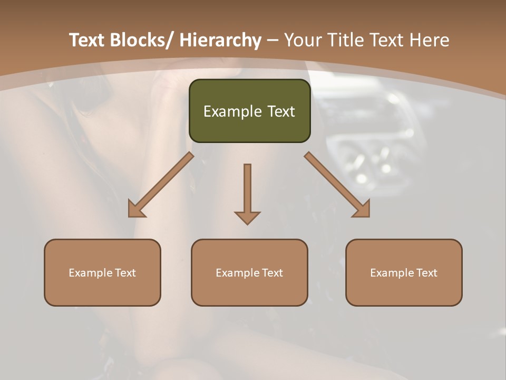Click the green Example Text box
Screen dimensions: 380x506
coord(249,111)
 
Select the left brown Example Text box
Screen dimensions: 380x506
coord(102,272)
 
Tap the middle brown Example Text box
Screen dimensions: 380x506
coord(249,272)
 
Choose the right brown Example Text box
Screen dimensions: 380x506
coord(404,272)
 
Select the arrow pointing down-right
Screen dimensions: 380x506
coord(337,185)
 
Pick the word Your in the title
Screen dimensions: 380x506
coord(304,40)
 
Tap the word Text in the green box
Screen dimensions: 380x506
coord(279,111)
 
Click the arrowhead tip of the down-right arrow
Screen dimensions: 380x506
coord(368,216)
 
